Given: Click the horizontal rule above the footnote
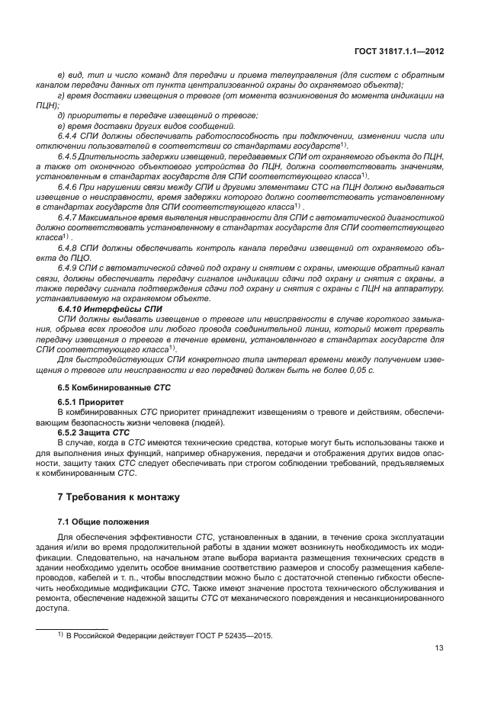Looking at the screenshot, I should click(x=72, y=627).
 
